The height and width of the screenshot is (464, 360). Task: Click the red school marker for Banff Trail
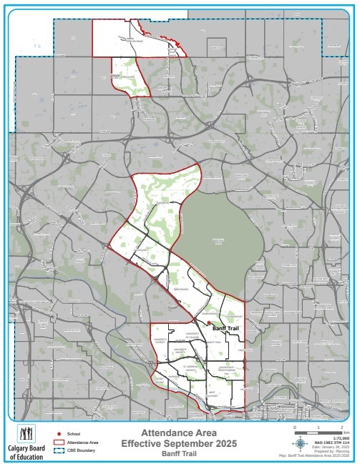208,323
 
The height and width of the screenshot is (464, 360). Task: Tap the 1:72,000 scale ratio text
339,438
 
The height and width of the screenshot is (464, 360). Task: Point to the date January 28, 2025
329,447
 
